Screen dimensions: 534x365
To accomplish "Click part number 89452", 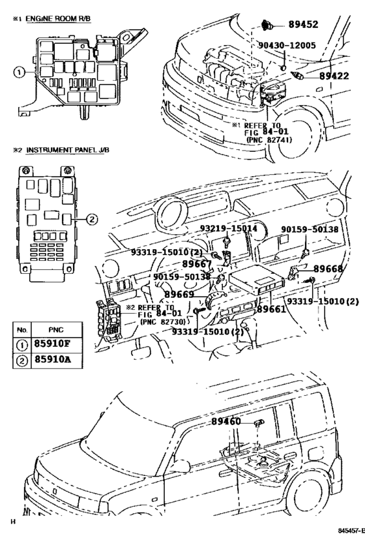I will click(303, 25).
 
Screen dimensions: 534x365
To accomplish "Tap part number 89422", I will click(334, 76).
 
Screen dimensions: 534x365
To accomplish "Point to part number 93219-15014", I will click(229, 230).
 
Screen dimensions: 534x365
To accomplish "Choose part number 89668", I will click(328, 269).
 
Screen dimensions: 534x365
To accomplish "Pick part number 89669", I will click(179, 294).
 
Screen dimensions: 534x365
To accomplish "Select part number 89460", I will click(226, 422).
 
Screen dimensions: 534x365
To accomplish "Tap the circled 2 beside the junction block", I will click(92, 219).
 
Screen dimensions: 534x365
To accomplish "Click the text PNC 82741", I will click(268, 140).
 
